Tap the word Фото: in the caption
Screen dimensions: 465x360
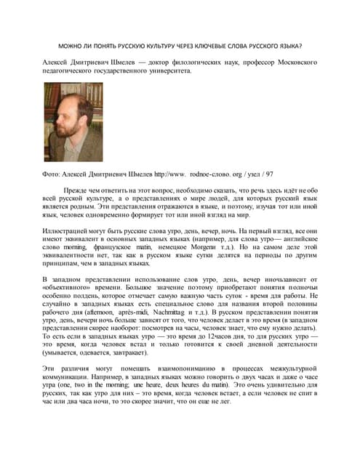click(x=54, y=174)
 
